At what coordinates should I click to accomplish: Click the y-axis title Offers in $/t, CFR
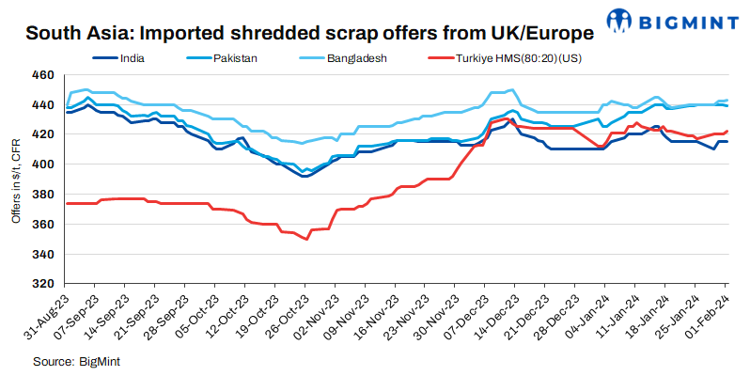pyautogui.click(x=16, y=179)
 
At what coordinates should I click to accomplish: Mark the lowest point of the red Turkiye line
pyautogui.click(x=307, y=239)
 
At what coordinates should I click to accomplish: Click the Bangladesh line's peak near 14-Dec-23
pyautogui.click(x=510, y=90)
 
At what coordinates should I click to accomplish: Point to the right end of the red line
pyautogui.click(x=727, y=131)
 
